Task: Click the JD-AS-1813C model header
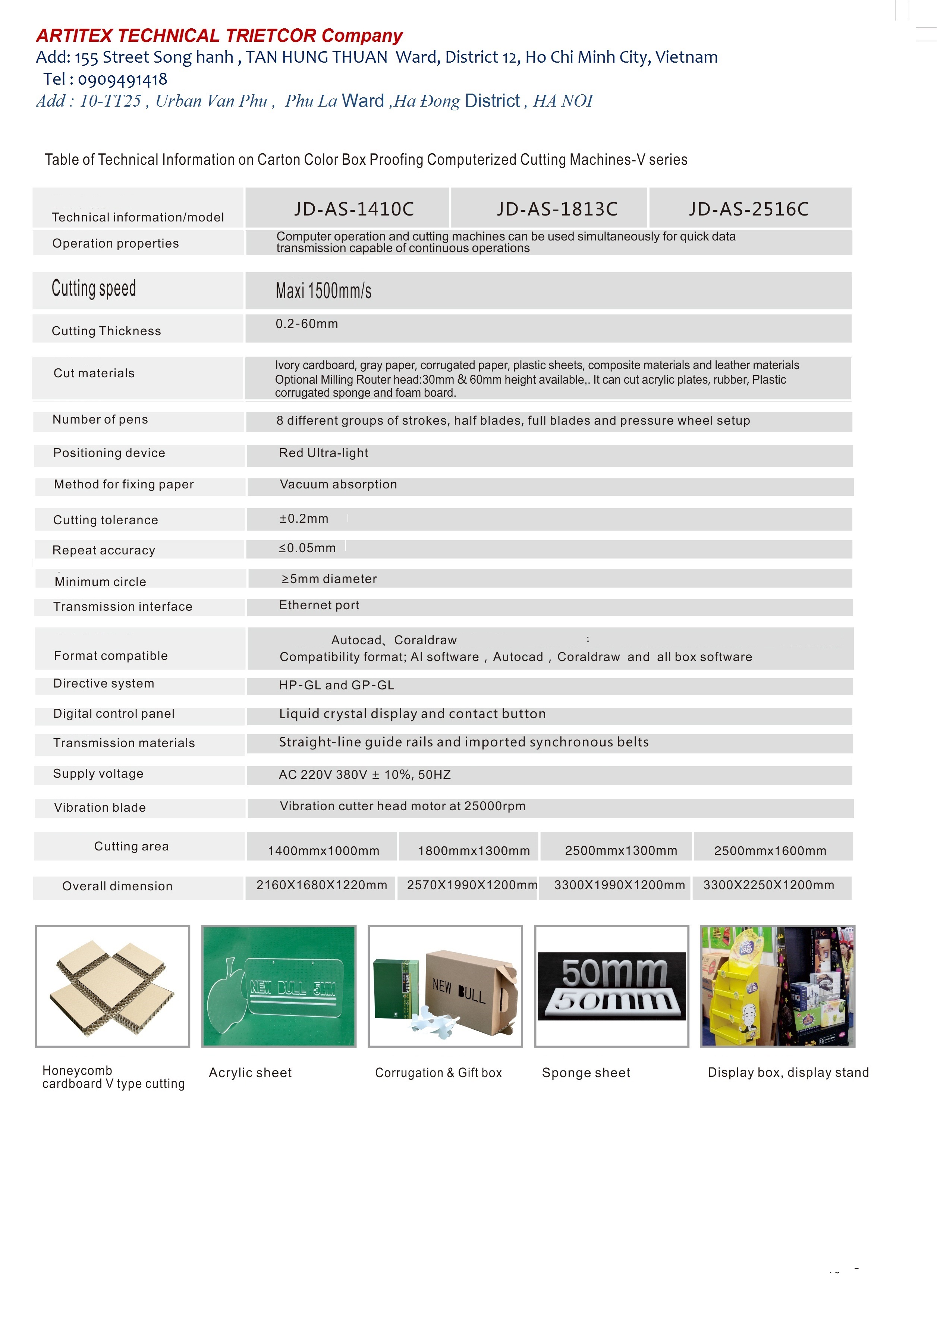pos(557,209)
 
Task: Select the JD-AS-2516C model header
pos(749,209)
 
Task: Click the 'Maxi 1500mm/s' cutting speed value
pos(323,290)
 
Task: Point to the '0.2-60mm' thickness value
pos(307,324)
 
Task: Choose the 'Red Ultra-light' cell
pos(324,453)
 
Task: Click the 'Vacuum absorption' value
pos(338,484)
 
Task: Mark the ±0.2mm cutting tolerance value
pos(304,518)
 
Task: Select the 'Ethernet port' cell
pos(319,605)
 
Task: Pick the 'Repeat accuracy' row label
pos(104,550)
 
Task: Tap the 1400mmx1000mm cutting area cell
pos(323,851)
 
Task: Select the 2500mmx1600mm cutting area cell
pos(770,851)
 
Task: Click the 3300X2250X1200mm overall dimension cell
pos(769,885)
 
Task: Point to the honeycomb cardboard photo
pos(112,986)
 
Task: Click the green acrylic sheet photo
pos(279,986)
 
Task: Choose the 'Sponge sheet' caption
pos(586,1073)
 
